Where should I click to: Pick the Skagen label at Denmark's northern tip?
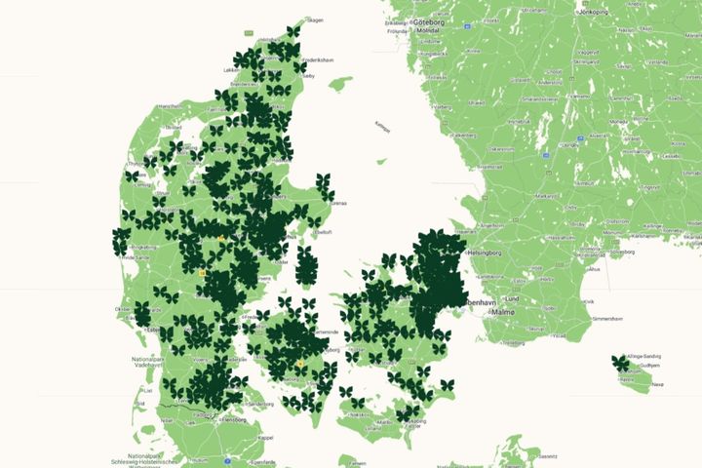pos(315,19)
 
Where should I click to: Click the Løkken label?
pos(230,70)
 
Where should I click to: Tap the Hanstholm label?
pos(171,105)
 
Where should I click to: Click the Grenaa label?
pos(338,204)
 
